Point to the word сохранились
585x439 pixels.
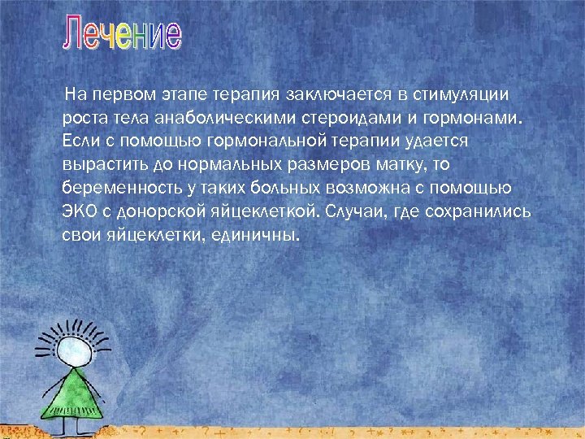481,212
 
